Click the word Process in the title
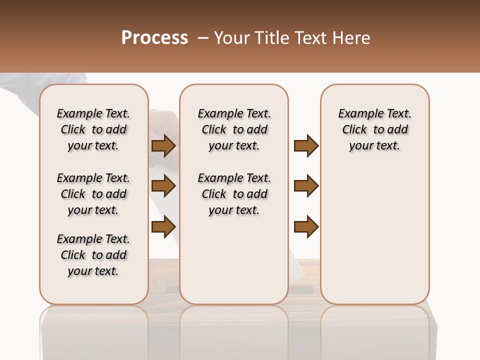pos(154,38)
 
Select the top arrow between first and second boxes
pos(163,145)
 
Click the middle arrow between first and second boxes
pos(163,186)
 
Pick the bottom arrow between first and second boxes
pos(163,227)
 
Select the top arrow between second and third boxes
pos(306,145)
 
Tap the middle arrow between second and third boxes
pos(306,186)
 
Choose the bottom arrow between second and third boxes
pos(306,227)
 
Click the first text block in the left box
pos(93,129)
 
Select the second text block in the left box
pos(93,194)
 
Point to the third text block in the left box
pos(93,255)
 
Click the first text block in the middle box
pos(234,129)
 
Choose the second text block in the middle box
pos(234,194)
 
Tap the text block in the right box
pos(375,129)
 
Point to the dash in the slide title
pos(203,38)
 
